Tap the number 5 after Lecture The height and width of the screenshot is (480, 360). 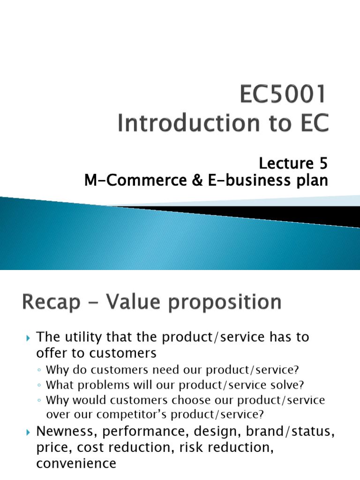point(321,164)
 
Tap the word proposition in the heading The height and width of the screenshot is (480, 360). point(223,303)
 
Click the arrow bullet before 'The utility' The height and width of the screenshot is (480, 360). point(28,338)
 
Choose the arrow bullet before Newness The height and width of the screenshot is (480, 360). point(28,432)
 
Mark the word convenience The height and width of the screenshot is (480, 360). point(76,464)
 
